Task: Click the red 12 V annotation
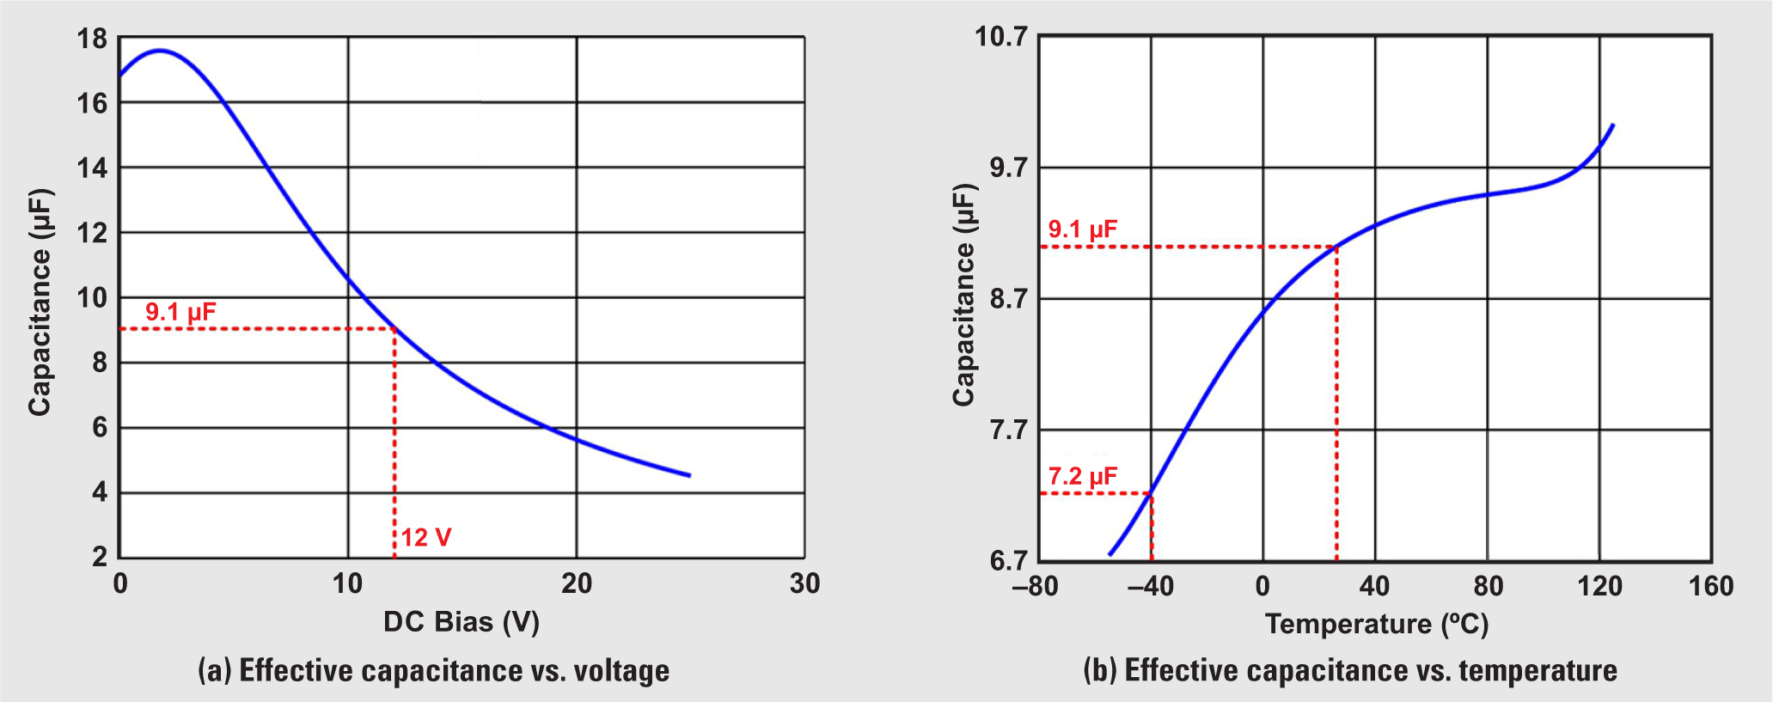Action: pyautogui.click(x=425, y=538)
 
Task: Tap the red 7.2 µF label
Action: pyautogui.click(x=1082, y=477)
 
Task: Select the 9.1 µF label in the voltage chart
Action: pyautogui.click(x=180, y=312)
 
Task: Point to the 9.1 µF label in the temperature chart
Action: pyautogui.click(x=1082, y=229)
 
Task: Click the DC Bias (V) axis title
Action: pyautogui.click(x=461, y=621)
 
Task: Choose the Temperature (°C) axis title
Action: pyautogui.click(x=1376, y=623)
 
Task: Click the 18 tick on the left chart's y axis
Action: pyautogui.click(x=92, y=39)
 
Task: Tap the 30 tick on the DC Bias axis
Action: pyautogui.click(x=804, y=583)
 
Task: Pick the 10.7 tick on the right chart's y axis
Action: pyautogui.click(x=1001, y=37)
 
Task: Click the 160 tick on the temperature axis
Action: pyautogui.click(x=1710, y=586)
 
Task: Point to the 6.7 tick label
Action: pyautogui.click(x=1008, y=560)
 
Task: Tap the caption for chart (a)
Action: pyautogui.click(x=433, y=670)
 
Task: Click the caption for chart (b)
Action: pyautogui.click(x=1349, y=670)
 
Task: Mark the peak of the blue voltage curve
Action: pyautogui.click(x=160, y=51)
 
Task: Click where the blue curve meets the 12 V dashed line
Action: pyautogui.click(x=394, y=329)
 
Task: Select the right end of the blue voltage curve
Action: pyautogui.click(x=689, y=475)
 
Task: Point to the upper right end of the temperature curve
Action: pyautogui.click(x=1613, y=125)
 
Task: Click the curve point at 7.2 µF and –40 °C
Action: pyautogui.click(x=1152, y=493)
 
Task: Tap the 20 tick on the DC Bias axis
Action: pyautogui.click(x=577, y=583)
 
